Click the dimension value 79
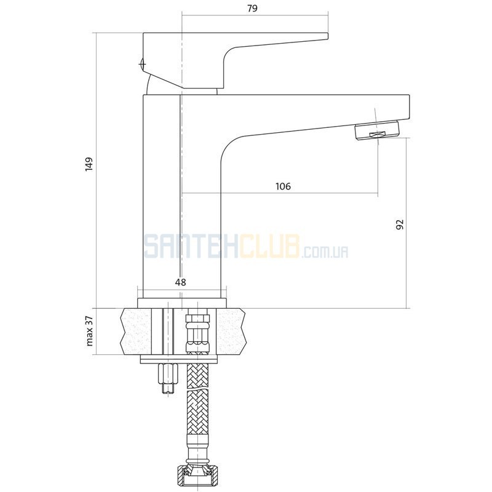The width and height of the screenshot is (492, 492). tap(252, 8)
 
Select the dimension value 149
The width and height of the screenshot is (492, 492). tap(89, 164)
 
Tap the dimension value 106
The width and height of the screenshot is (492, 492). tap(284, 186)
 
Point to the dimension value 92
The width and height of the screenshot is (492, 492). tap(400, 224)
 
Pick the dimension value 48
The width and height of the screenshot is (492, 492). tap(180, 282)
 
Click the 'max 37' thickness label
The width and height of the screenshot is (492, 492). tap(90, 331)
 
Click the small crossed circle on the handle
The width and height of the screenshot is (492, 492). tap(143, 64)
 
